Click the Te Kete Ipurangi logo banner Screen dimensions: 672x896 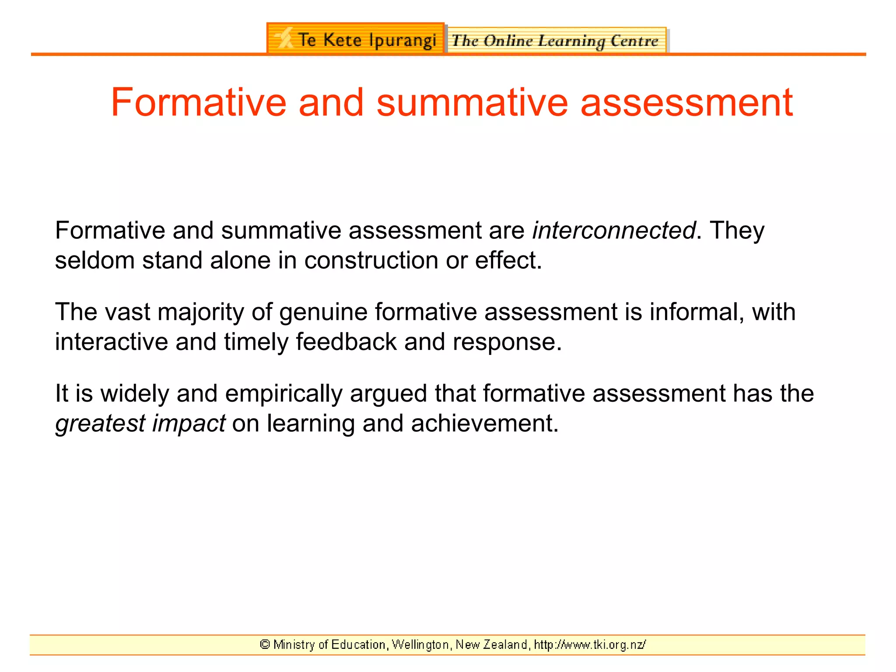click(355, 39)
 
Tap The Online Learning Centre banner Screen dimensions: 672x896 click(556, 41)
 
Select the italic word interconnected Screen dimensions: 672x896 click(613, 231)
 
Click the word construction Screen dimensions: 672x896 click(371, 260)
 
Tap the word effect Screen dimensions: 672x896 click(507, 260)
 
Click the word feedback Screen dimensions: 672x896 click(346, 342)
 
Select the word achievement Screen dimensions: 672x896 click(484, 423)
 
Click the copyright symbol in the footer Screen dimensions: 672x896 click(265, 644)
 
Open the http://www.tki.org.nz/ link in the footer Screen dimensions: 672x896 click(590, 644)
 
